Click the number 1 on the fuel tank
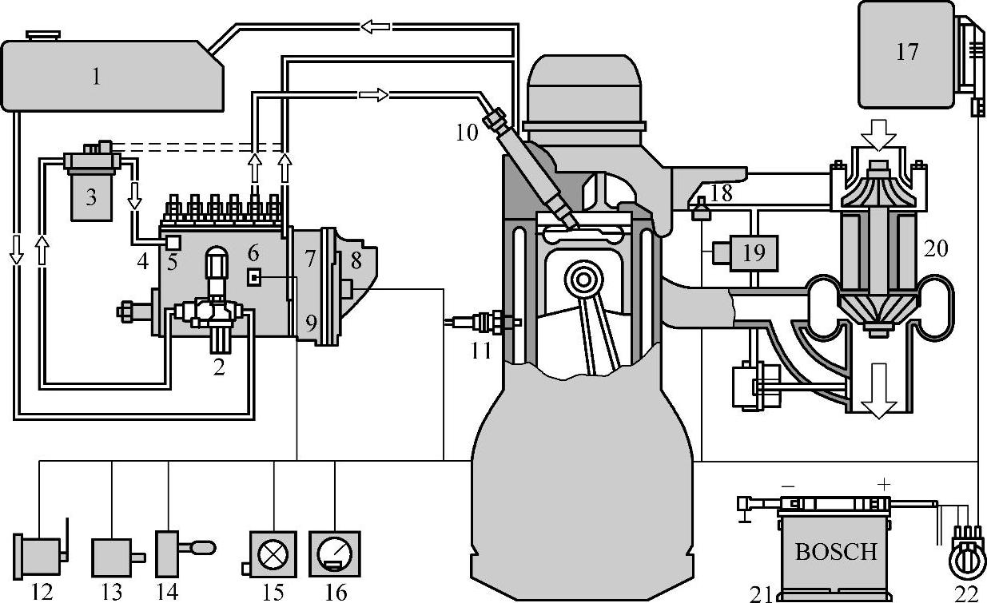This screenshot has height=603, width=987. [96, 77]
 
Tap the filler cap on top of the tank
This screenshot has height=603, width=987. [42, 35]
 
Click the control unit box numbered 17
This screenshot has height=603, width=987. [906, 54]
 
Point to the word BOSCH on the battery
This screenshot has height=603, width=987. [836, 551]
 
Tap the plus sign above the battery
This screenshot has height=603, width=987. [883, 485]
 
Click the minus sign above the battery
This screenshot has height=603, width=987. [788, 486]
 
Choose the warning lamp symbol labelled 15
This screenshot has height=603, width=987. [273, 554]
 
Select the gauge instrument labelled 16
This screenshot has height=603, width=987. [335, 554]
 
